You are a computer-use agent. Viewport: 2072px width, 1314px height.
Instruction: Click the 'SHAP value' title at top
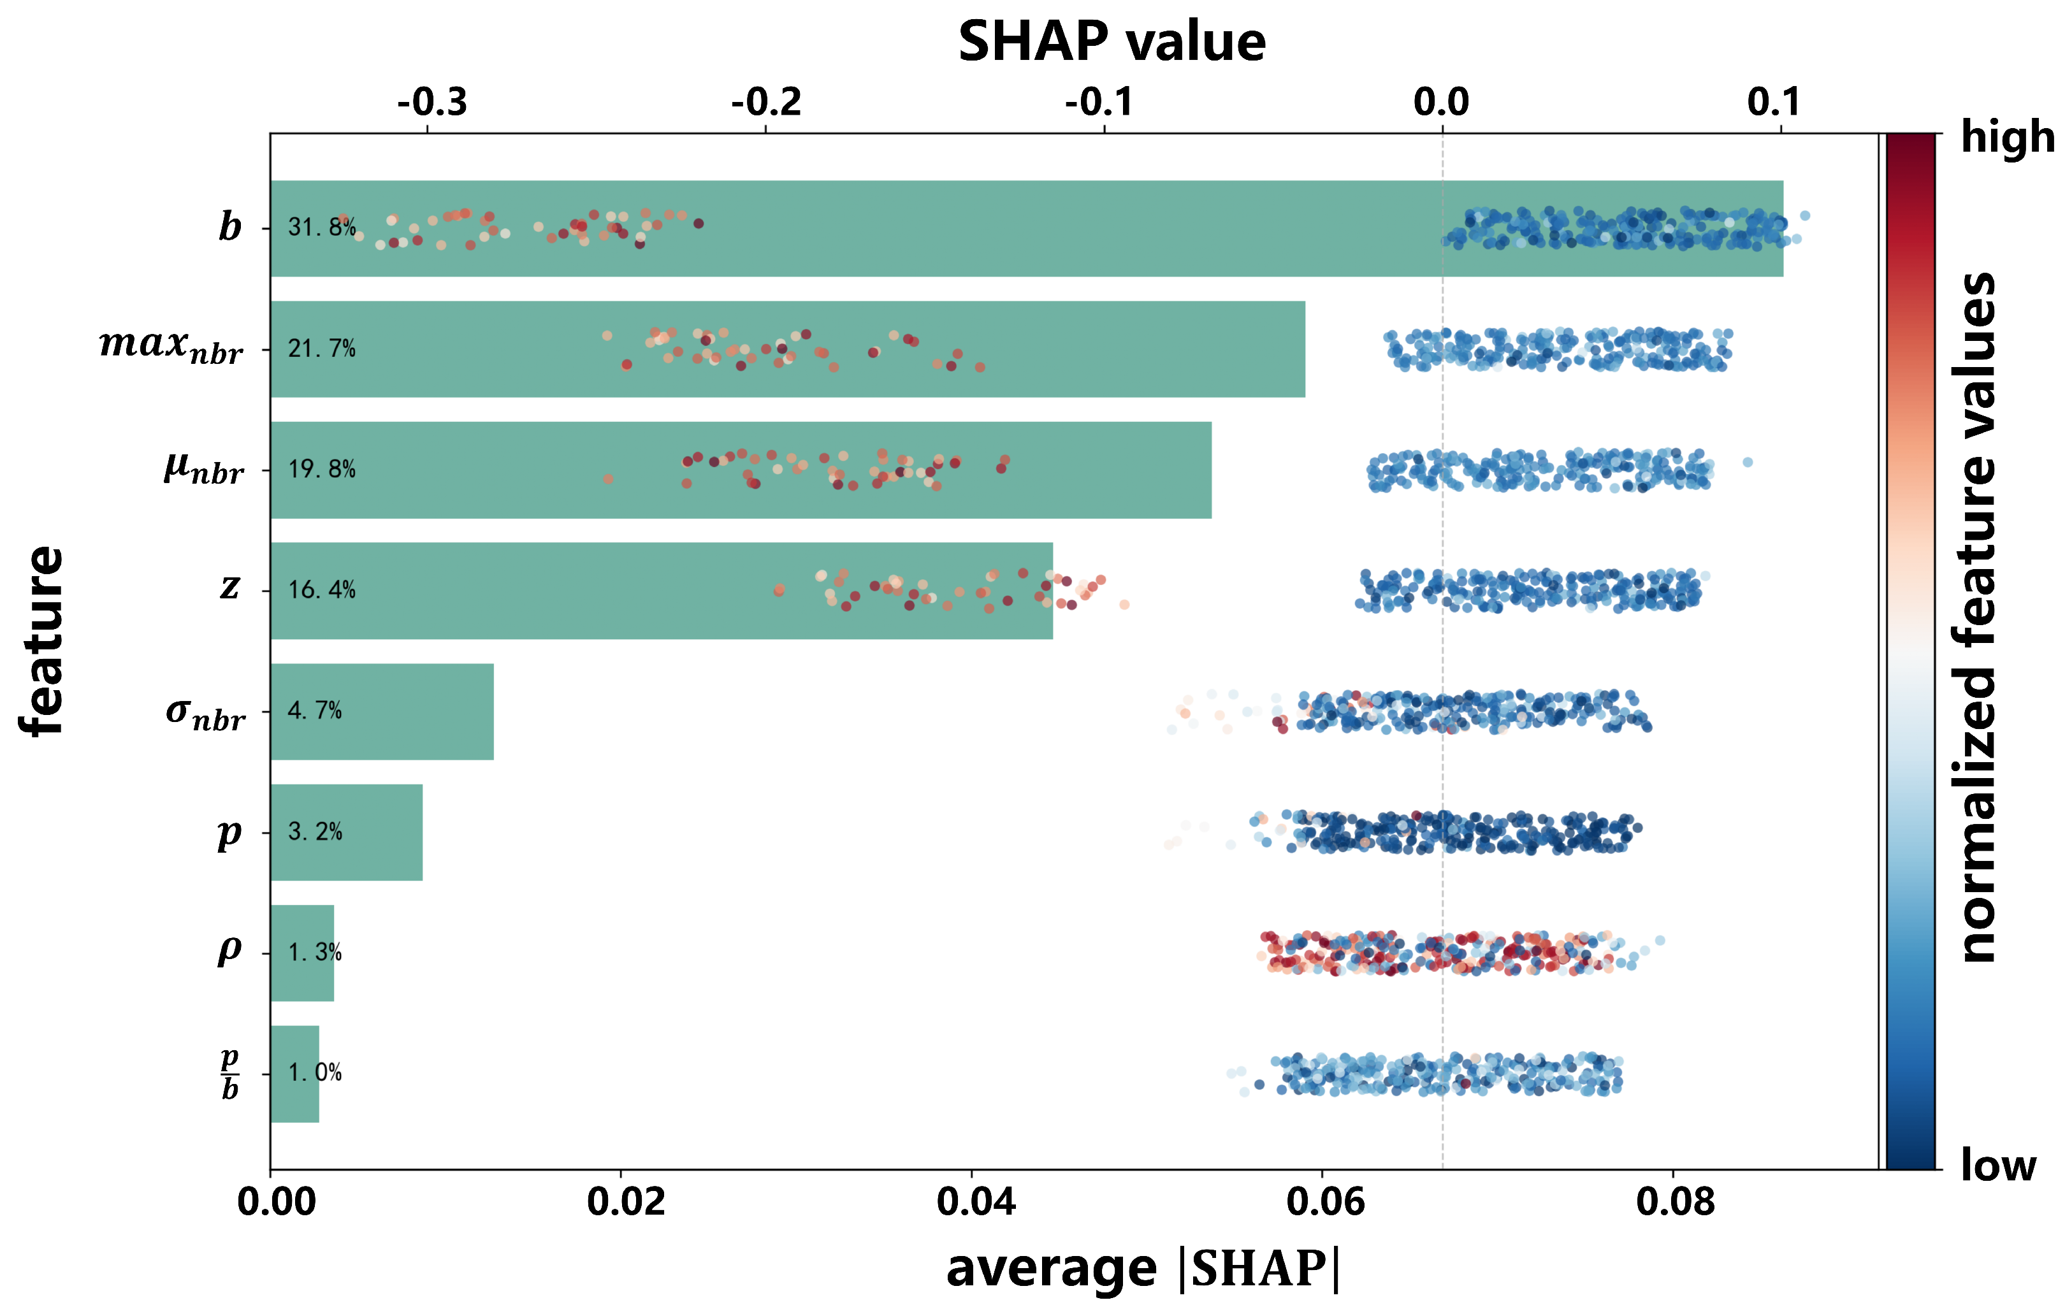click(x=1112, y=41)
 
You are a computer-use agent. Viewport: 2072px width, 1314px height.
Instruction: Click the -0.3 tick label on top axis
click(x=432, y=103)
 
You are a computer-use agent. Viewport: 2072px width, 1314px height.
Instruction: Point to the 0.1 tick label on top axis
click(x=1774, y=103)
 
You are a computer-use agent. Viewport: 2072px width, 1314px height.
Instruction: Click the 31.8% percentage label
click(x=322, y=227)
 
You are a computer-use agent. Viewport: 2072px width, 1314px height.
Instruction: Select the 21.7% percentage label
click(x=322, y=349)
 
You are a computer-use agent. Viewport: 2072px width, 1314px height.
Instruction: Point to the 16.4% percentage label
click(x=322, y=589)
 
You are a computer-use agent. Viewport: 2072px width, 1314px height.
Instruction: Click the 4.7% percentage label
click(x=315, y=710)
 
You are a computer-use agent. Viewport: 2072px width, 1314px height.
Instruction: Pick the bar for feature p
click(x=347, y=832)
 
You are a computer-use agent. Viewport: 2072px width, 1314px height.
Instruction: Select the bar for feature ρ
click(x=302, y=953)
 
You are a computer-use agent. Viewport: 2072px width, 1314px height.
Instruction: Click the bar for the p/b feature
click(x=295, y=1074)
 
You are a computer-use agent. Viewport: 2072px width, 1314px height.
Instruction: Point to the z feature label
click(x=229, y=587)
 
